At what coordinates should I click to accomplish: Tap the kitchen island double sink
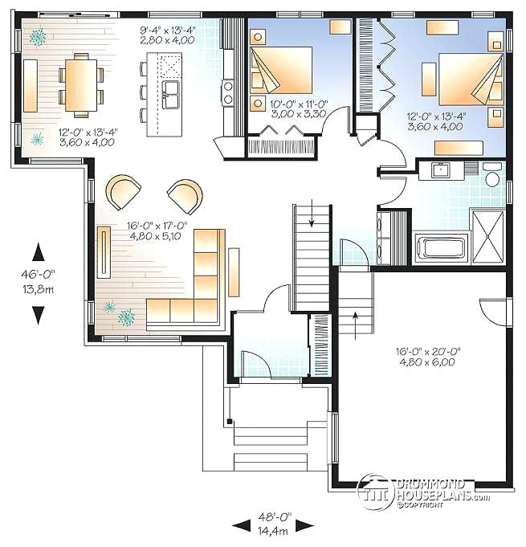coord(171,95)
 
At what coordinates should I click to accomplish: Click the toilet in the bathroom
coord(492,174)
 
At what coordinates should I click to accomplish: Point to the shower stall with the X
coord(487,236)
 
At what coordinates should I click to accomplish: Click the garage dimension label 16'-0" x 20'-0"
coord(428,357)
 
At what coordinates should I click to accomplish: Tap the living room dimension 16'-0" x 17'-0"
coord(157,231)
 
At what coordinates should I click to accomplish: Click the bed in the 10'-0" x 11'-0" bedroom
coord(281,70)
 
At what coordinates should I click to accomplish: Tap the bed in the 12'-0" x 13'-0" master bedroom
coord(471,80)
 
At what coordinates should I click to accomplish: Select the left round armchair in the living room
coord(123,192)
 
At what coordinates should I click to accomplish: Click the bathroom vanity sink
coord(441,170)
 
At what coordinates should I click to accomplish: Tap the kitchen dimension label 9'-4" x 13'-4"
coord(167,35)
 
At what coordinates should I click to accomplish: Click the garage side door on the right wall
coord(493,312)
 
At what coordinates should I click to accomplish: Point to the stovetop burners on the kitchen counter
coord(228,92)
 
